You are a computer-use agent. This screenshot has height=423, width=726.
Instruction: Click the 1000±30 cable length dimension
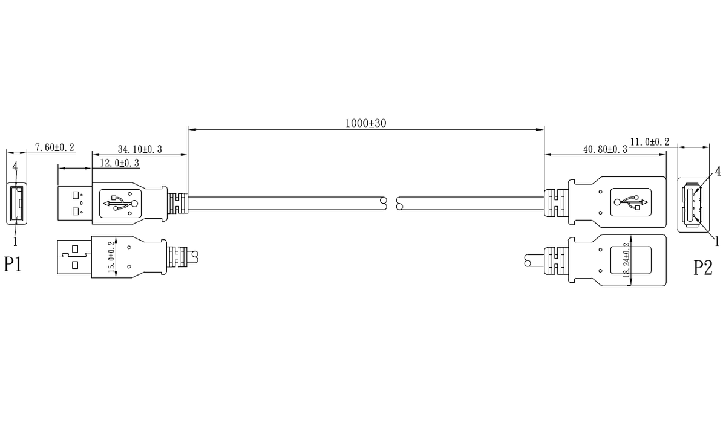(x=365, y=123)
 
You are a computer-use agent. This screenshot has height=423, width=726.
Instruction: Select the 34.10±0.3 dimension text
(x=140, y=149)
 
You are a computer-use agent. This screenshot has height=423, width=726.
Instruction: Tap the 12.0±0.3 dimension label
(x=119, y=163)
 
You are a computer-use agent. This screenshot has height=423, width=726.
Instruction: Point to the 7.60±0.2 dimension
(x=55, y=147)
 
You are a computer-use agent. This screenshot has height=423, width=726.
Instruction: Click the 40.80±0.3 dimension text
(x=605, y=149)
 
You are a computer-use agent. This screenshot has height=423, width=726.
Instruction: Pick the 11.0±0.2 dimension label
(x=650, y=142)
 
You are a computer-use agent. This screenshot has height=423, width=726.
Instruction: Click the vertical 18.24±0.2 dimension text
(x=627, y=260)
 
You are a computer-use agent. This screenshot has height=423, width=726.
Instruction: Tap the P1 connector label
(x=13, y=263)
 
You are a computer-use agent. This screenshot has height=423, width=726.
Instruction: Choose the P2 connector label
(x=703, y=268)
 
